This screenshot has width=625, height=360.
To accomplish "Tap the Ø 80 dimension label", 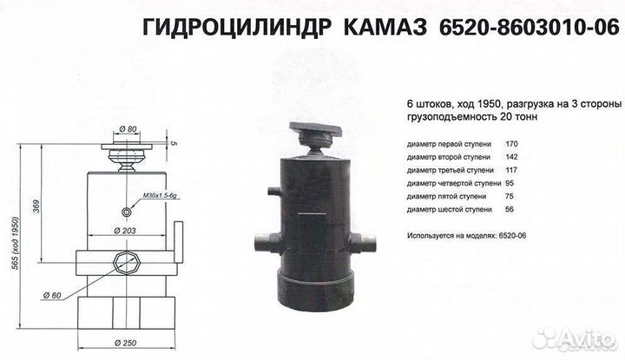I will pos(131,130).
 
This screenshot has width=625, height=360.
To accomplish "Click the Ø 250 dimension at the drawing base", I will pos(128,344).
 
